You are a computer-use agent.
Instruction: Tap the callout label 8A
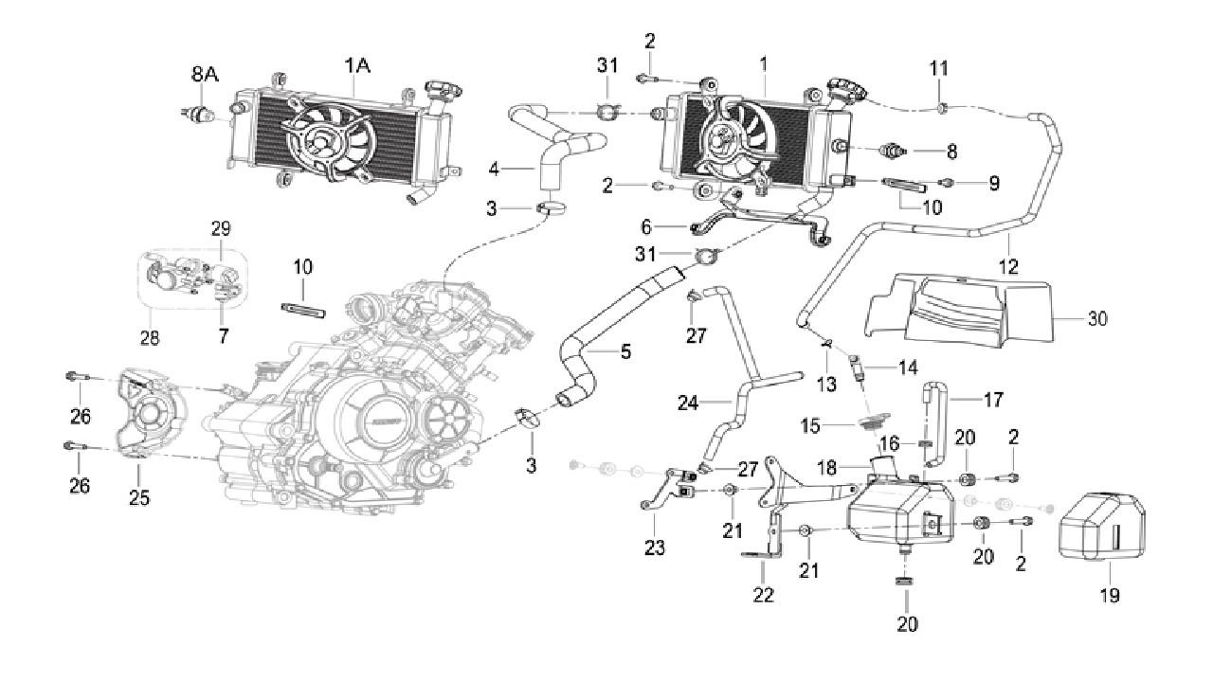coord(205,74)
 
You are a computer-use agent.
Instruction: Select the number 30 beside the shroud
coord(1096,319)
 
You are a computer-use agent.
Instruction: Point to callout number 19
coord(1109,596)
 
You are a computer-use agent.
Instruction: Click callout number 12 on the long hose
coord(1008,268)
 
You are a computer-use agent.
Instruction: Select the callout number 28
coord(150,336)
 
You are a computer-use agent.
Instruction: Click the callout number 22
coord(763,595)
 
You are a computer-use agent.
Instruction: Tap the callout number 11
coord(938,69)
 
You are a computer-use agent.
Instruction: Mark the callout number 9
coord(994,184)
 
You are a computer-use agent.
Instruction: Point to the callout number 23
coord(655,547)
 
